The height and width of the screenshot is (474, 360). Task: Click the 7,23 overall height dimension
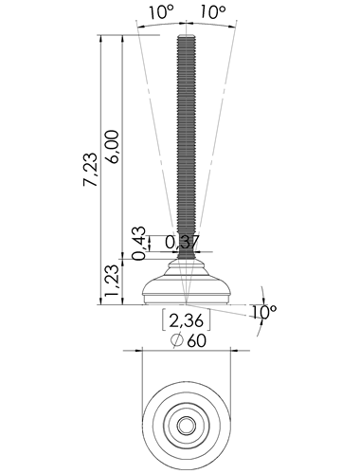coord(90,169)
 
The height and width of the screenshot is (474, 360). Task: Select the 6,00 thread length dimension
coord(113,146)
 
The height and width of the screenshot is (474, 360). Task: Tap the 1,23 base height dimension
coord(113,281)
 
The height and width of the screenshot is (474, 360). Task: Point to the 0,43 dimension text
coord(139,243)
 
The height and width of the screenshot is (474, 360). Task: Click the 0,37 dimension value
coord(182,243)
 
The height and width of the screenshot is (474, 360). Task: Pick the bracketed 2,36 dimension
coord(186,320)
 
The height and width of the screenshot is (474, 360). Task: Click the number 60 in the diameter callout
coord(196,340)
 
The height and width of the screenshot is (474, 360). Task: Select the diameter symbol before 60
coord(177,340)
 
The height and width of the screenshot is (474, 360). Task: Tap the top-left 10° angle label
coord(162,12)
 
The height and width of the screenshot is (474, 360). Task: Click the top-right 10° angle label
coord(213,12)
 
